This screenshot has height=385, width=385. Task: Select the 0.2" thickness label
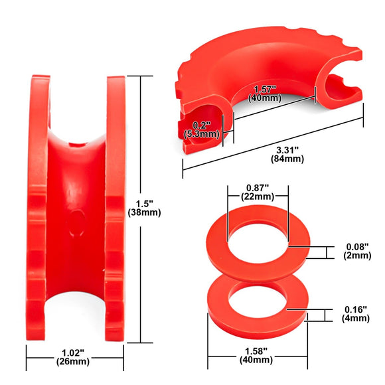pyautogui.click(x=202, y=124)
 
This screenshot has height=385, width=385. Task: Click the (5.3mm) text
pyautogui.click(x=202, y=133)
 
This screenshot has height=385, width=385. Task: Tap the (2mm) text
pyautogui.click(x=358, y=256)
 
